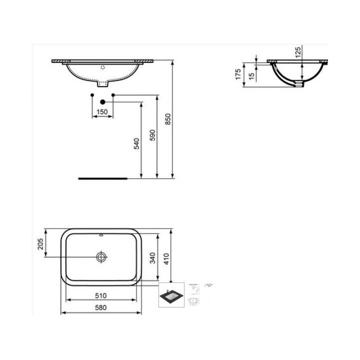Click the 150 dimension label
102,112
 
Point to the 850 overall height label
168,119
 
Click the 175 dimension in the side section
239,74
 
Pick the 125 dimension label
298,52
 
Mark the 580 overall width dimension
102,308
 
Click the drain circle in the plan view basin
102,256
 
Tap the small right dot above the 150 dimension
113,95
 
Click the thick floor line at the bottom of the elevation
102,177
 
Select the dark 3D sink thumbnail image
171,295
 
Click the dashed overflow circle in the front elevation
102,66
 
